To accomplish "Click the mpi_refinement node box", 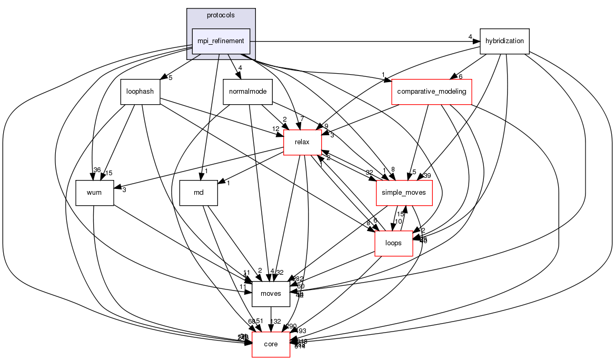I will click(x=220, y=41).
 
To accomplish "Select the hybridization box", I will click(x=504, y=41).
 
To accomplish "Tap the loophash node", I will click(x=140, y=92).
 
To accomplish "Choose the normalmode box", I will click(x=247, y=92).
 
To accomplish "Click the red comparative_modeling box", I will click(x=431, y=92).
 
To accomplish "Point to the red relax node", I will click(x=302, y=142).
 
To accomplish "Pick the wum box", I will click(x=95, y=193).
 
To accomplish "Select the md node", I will click(x=199, y=193).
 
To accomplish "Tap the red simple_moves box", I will click(x=404, y=193).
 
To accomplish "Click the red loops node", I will click(x=393, y=243).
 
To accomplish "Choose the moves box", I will click(x=271, y=294).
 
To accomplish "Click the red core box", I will click(x=271, y=344).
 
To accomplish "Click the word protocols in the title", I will click(x=221, y=15).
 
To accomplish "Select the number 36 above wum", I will click(x=96, y=169).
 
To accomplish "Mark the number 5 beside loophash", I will click(x=170, y=77).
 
